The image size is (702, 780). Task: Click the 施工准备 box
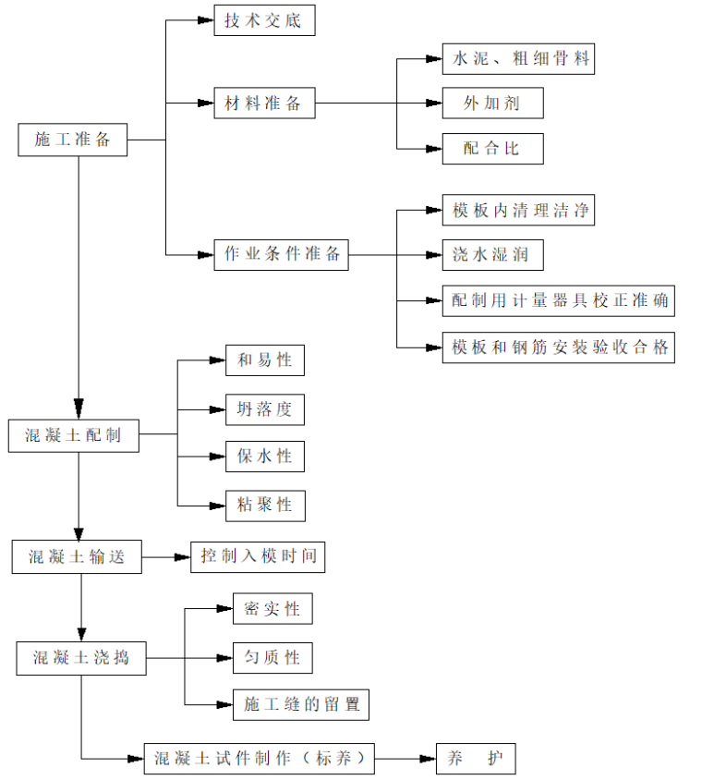click(x=73, y=140)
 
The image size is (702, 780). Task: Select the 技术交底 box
click(x=263, y=20)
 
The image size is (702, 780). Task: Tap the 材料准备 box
click(x=263, y=103)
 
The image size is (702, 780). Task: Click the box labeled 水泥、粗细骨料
click(x=517, y=59)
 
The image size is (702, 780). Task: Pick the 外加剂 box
click(x=492, y=103)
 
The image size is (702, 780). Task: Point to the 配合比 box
click(x=492, y=148)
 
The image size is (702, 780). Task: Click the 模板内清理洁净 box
click(x=517, y=210)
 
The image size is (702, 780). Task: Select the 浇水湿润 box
click(x=491, y=254)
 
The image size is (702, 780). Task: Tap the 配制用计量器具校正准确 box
click(x=558, y=300)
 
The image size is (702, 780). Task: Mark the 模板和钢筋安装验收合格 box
click(x=558, y=347)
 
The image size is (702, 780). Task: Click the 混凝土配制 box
click(x=73, y=435)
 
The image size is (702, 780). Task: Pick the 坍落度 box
click(x=265, y=408)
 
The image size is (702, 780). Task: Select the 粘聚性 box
click(x=265, y=505)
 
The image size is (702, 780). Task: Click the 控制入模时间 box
click(x=258, y=556)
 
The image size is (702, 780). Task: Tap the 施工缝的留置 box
click(x=301, y=705)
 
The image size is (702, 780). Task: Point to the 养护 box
click(x=476, y=759)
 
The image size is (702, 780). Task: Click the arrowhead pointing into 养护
click(x=428, y=759)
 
